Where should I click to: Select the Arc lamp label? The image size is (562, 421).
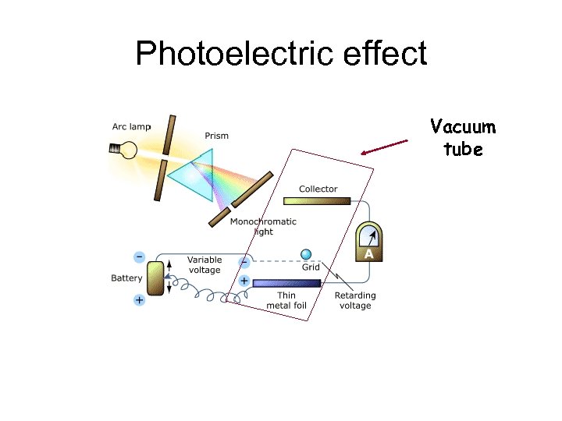131,126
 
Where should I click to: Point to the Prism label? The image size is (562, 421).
217,136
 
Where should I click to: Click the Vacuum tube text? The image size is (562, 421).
463,138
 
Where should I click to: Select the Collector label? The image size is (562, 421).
318,189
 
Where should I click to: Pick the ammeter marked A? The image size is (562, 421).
369,242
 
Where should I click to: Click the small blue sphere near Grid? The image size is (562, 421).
306,254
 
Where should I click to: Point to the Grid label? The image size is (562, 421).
311,267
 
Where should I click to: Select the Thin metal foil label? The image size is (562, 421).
286,300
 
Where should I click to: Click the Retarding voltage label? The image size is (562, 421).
355,300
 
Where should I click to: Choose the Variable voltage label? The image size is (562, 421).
204,264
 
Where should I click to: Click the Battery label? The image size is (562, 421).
126,278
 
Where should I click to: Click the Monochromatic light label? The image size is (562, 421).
263,226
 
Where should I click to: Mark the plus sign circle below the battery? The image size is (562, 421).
139,299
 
